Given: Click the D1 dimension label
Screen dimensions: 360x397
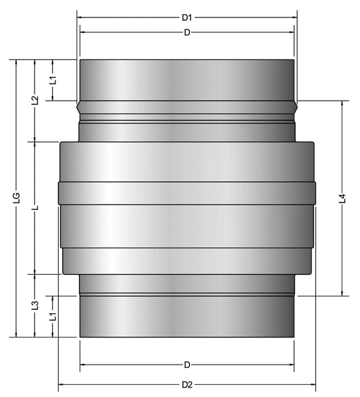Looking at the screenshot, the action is point(187,18).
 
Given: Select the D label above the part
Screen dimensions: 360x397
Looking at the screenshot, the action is point(187,32).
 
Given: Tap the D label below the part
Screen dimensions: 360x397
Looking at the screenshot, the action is point(187,365).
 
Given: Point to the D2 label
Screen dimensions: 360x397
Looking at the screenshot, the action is point(187,385).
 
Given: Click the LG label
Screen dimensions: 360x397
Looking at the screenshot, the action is point(17,198).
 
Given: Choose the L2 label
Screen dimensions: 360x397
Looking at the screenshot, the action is point(35,100).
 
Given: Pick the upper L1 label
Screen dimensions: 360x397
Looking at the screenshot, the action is point(53,80).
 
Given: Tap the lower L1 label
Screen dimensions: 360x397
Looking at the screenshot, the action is point(53,317).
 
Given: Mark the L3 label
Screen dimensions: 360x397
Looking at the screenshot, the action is point(35,305).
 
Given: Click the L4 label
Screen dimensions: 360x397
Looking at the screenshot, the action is point(342,198).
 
